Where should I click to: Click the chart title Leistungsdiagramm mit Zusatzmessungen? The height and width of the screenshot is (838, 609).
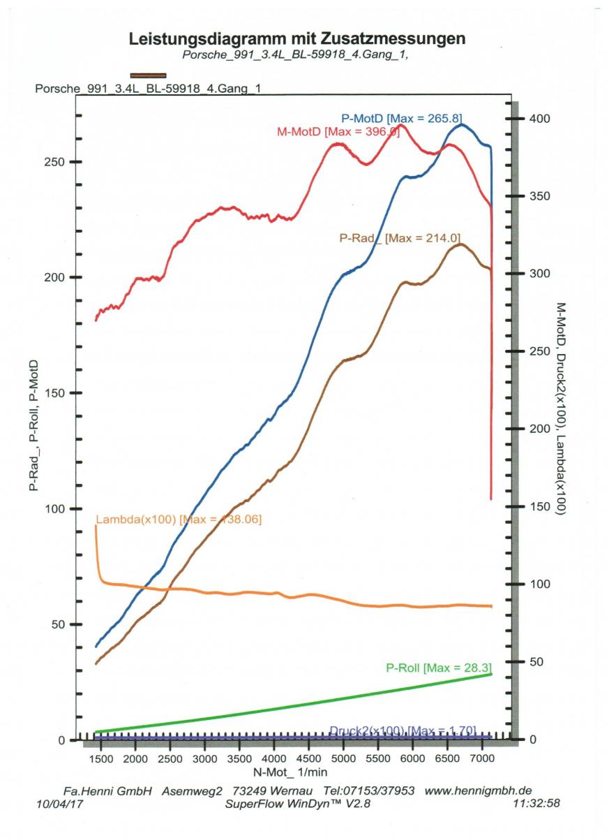pyautogui.click(x=297, y=40)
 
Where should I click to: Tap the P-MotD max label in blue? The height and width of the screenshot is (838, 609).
pyautogui.click(x=401, y=117)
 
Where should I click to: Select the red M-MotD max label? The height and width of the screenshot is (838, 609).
pyautogui.click(x=338, y=132)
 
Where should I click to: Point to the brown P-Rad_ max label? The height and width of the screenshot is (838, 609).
pyautogui.click(x=400, y=237)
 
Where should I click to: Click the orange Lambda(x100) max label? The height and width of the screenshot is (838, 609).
pyautogui.click(x=179, y=520)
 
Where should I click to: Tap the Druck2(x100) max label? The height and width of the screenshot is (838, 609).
pyautogui.click(x=403, y=730)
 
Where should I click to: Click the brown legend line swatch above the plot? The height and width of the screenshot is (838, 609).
pyautogui.click(x=148, y=75)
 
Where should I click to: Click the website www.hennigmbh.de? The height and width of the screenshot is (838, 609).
pyautogui.click(x=478, y=791)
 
